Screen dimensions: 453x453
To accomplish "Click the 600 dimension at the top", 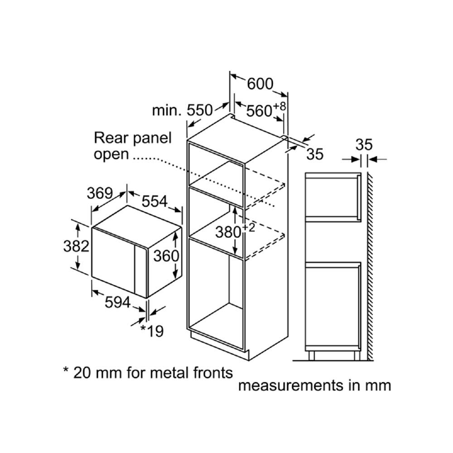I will point(260,84).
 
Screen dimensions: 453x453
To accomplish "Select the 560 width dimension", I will point(259,111).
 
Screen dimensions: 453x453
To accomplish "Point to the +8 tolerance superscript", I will point(280,107).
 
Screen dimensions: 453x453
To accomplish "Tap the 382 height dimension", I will point(76,246).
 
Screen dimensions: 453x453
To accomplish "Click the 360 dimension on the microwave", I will point(166,256).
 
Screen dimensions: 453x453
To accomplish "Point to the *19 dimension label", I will point(151,331).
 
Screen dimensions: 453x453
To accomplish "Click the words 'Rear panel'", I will point(133,138).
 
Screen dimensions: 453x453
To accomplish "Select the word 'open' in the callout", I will point(111,154).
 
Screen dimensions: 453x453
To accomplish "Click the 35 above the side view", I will point(364,145).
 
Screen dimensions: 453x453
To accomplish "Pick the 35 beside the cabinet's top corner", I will point(315,154).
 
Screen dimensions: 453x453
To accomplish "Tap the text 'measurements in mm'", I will point(314,386).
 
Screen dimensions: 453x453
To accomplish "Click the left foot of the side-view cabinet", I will point(312,355).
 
